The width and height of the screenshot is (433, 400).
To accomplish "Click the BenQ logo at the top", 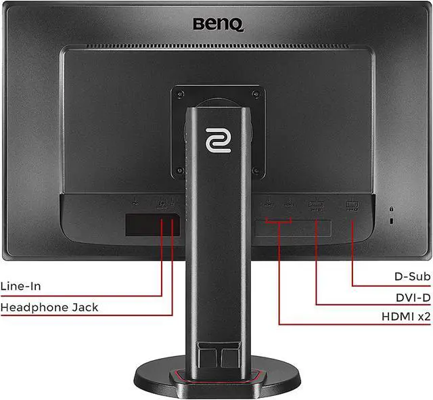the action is point(216,24).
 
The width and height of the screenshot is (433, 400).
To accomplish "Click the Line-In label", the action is point(21,286).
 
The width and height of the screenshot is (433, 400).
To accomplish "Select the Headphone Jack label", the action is point(49,307).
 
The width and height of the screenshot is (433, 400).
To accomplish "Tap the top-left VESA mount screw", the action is point(180,93).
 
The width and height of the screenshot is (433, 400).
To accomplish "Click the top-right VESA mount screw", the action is point(254,93).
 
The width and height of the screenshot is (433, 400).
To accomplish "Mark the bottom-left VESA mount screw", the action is point(180,169).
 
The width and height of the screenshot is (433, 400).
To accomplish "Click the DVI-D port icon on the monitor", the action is point(316,204).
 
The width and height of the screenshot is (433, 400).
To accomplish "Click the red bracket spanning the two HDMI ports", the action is point(279,219).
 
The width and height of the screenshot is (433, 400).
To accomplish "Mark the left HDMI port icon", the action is point(269,202).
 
